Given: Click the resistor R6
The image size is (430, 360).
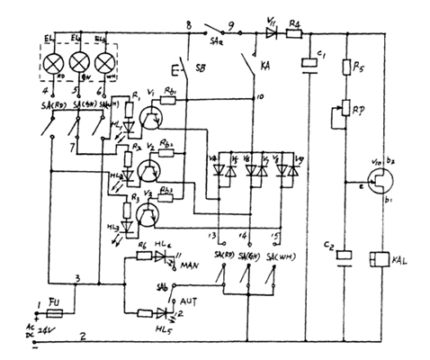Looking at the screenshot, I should pyautogui.click(x=143, y=256).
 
